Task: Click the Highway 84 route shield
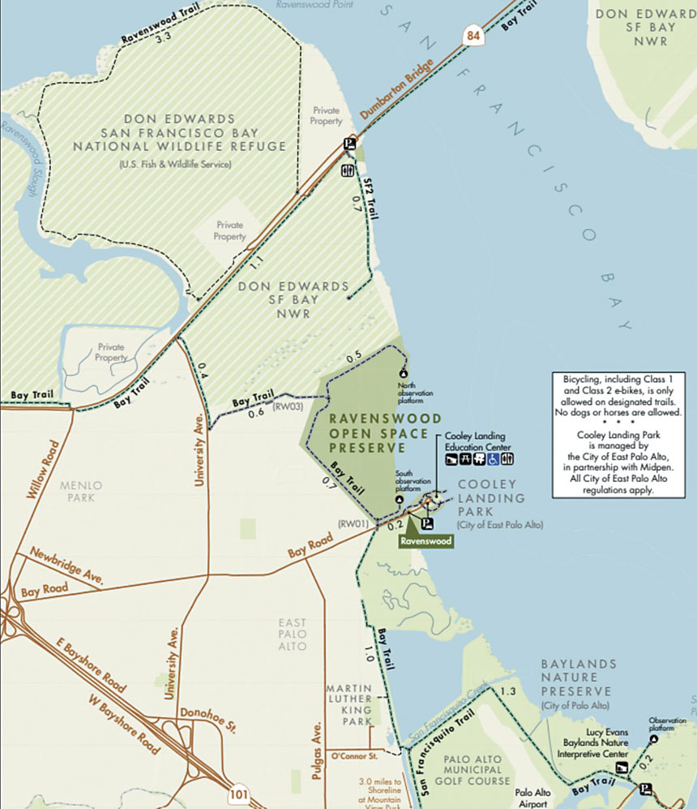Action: (472, 35)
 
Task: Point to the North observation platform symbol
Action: (403, 372)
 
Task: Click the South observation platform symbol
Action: (399, 500)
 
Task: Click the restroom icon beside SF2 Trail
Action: (348, 170)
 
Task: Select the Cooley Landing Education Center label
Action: (479, 441)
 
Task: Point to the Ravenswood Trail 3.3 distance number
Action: (165, 37)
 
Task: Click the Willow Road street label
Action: (43, 471)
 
